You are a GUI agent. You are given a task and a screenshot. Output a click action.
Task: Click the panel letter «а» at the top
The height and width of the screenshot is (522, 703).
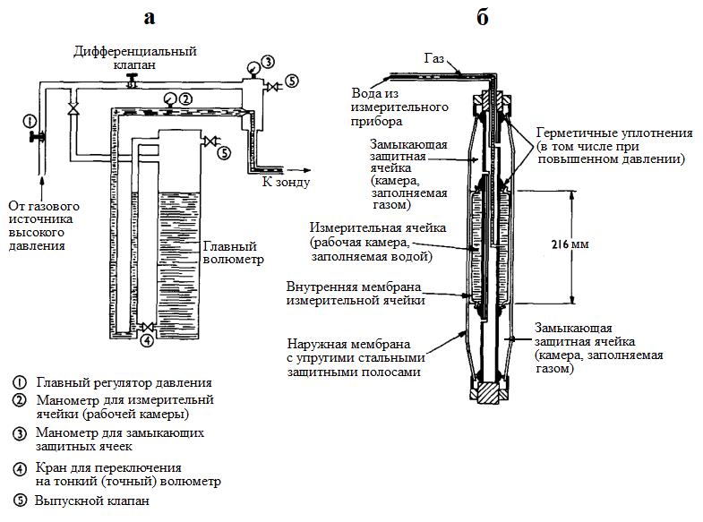pos(150,18)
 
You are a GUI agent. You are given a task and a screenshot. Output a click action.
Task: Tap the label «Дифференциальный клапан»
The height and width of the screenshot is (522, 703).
pos(135,58)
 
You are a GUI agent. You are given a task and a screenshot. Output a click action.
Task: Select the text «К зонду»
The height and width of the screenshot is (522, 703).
pos(286,183)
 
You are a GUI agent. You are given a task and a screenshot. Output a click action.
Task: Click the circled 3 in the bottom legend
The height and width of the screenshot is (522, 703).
pos(21,434)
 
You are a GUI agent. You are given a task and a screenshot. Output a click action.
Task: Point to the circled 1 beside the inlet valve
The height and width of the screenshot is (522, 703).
pos(29,120)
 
